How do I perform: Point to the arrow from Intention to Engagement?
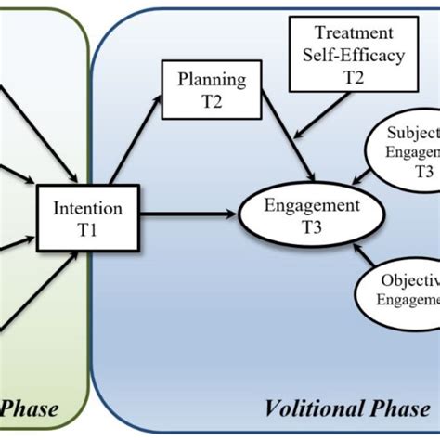pyautogui.click(x=191, y=216)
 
